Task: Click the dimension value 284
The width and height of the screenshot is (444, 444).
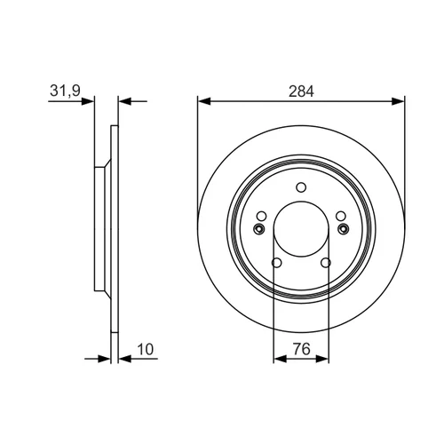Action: coord(301,91)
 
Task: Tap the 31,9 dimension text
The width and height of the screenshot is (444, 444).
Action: coord(65,91)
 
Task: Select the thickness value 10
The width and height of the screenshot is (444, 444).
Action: coord(146,349)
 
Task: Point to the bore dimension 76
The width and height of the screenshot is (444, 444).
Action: coord(302,349)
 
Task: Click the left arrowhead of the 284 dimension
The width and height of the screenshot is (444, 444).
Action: coord(204,101)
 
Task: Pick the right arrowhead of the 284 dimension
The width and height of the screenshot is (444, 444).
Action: coord(398,101)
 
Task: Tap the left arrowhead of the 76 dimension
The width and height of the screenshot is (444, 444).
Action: coord(281,359)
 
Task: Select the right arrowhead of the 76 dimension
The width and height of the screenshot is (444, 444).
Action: coord(322,359)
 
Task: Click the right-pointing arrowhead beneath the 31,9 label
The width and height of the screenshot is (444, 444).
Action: coord(88,101)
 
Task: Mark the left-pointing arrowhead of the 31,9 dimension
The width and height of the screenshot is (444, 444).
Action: coord(124,101)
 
